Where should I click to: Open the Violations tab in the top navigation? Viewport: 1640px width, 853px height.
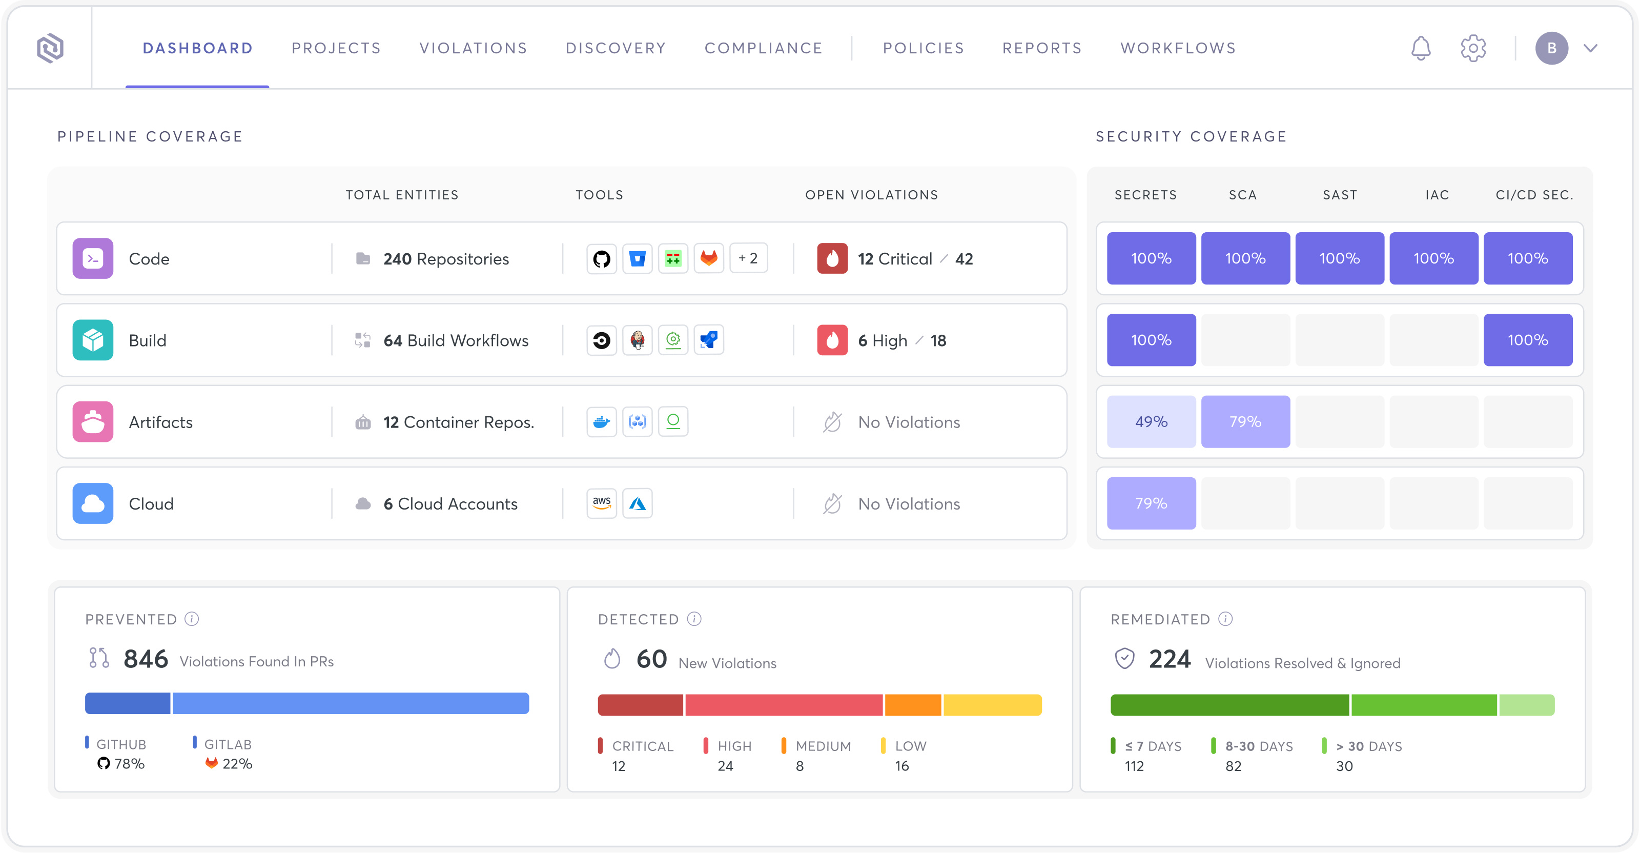pyautogui.click(x=473, y=48)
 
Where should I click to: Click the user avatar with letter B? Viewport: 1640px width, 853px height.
pyautogui.click(x=1551, y=48)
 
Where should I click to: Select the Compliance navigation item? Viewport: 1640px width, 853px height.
pyautogui.click(x=763, y=48)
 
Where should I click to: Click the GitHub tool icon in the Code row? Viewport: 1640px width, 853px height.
pyautogui.click(x=602, y=258)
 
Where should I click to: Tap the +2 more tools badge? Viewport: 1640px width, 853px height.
pyautogui.click(x=748, y=258)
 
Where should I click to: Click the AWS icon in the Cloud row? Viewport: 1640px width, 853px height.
pyautogui.click(x=602, y=503)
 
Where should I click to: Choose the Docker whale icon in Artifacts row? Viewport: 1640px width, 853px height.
pyautogui.click(x=602, y=422)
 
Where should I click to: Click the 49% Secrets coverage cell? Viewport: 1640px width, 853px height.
pyautogui.click(x=1151, y=422)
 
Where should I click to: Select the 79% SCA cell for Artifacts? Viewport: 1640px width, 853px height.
pyautogui.click(x=1245, y=422)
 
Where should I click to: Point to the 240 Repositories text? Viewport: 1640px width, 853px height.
pyautogui.click(x=446, y=259)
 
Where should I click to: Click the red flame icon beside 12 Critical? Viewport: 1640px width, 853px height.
pyautogui.click(x=832, y=258)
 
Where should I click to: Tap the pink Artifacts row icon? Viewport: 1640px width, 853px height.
pyautogui.click(x=93, y=422)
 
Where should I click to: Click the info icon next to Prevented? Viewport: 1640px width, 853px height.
pyautogui.click(x=192, y=619)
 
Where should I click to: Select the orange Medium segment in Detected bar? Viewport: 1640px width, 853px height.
pyautogui.click(x=912, y=705)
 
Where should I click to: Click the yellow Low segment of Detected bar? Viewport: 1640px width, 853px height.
pyautogui.click(x=992, y=705)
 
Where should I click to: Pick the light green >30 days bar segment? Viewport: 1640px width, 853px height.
pyautogui.click(x=1526, y=705)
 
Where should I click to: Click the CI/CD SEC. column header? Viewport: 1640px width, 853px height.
pyautogui.click(x=1534, y=195)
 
